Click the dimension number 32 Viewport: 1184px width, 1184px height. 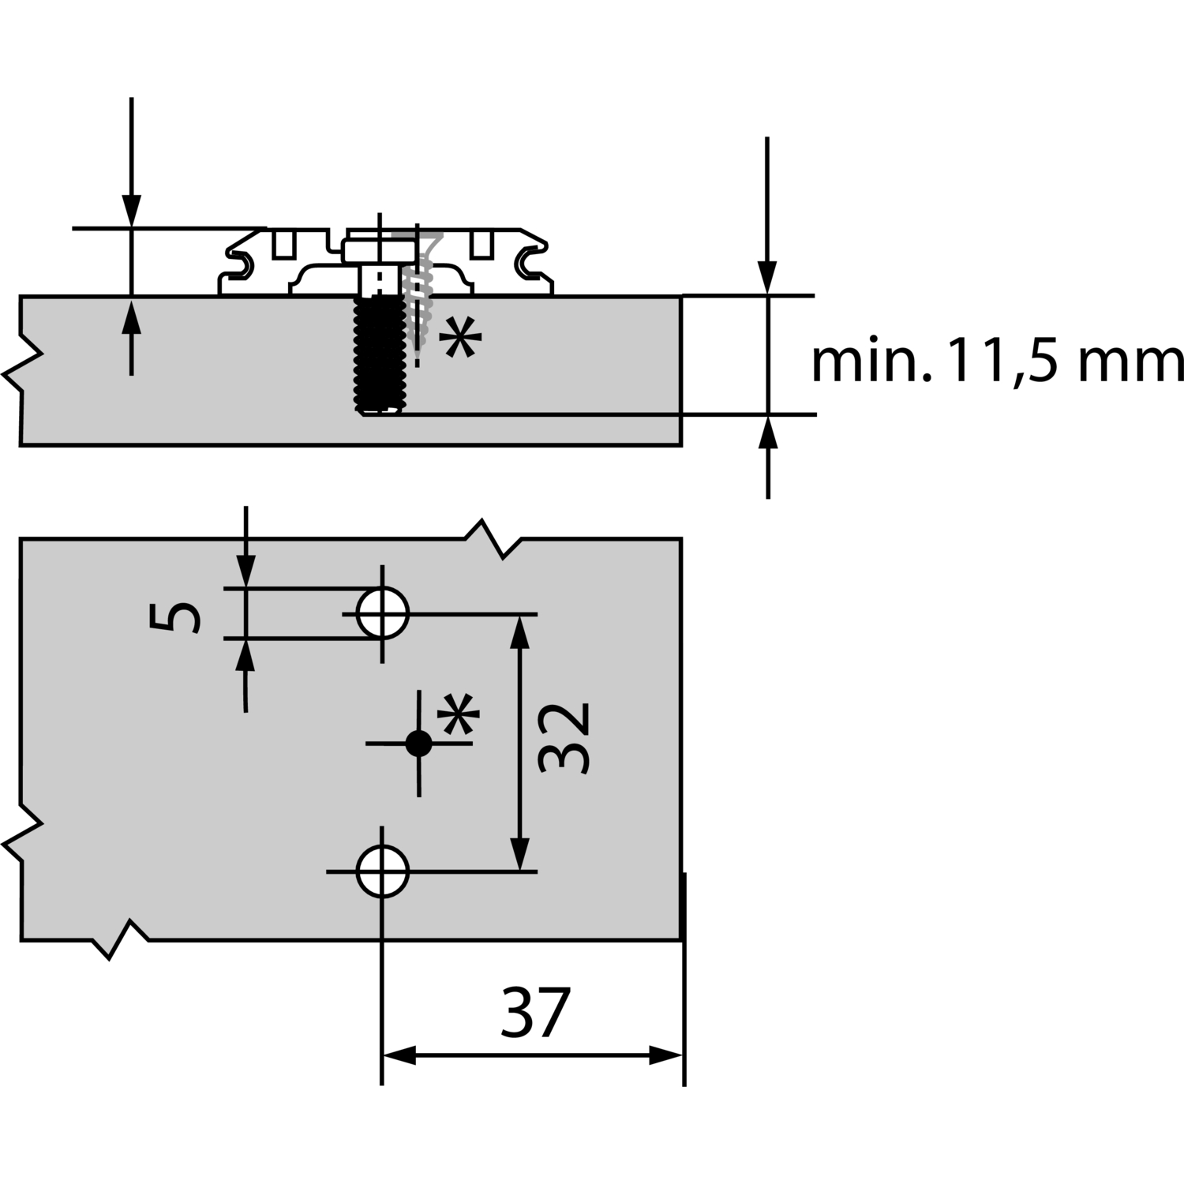(x=565, y=739)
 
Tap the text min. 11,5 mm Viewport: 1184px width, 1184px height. (x=996, y=362)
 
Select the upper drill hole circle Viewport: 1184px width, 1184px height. (x=383, y=613)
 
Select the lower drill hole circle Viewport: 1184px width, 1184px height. (x=383, y=871)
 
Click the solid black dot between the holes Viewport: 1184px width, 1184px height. (x=418, y=743)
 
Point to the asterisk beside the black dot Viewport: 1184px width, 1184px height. (x=459, y=715)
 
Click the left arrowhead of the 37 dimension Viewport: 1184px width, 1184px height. (x=397, y=1055)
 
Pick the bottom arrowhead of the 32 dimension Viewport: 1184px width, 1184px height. (x=519, y=856)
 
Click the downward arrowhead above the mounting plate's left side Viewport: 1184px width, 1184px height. (x=132, y=212)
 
